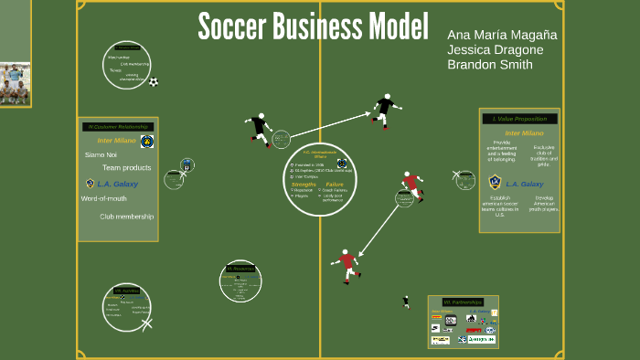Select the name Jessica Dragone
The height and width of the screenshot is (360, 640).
(x=495, y=49)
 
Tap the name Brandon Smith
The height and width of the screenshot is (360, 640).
(x=491, y=65)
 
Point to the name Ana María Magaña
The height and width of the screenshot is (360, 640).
(x=502, y=34)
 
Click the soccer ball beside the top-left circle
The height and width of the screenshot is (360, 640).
(x=154, y=82)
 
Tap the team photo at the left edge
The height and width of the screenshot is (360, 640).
(x=15, y=84)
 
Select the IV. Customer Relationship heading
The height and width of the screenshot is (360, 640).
(x=117, y=127)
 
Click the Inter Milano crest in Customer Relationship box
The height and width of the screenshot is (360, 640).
(x=146, y=141)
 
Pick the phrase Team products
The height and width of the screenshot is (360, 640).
(x=126, y=168)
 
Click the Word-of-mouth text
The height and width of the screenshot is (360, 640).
(x=103, y=198)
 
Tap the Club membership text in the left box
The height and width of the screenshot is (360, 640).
(x=126, y=217)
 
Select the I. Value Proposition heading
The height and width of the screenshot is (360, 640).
(x=519, y=119)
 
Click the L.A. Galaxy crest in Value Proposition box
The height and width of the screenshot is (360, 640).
(x=495, y=183)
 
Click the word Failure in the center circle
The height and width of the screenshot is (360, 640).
(x=334, y=184)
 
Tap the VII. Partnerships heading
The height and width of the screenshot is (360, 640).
(x=462, y=302)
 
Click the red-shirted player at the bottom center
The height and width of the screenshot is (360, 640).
(x=347, y=265)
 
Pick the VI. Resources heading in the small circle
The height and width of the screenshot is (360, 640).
(x=240, y=269)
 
